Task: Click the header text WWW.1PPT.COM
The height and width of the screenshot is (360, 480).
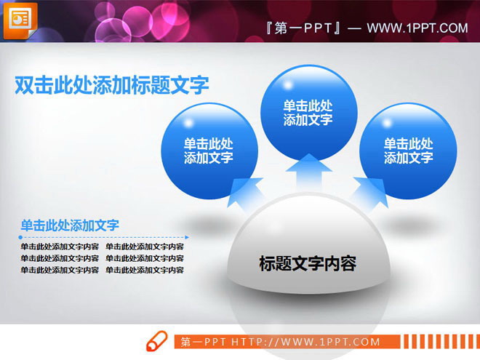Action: tap(417, 28)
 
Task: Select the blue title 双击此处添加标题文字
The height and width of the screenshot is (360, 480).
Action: tap(112, 86)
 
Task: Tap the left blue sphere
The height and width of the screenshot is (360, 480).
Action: tap(209, 151)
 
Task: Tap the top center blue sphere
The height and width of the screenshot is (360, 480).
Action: tap(308, 113)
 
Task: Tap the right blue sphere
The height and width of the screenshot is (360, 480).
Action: tap(408, 151)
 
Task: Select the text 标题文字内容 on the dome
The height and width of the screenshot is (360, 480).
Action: tap(308, 263)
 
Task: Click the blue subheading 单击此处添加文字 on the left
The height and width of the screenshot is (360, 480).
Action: tap(70, 225)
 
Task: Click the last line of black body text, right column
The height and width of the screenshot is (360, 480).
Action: tap(145, 270)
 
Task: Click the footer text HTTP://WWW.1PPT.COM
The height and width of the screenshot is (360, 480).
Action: tap(305, 342)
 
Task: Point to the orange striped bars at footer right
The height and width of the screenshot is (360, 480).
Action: tap(439, 342)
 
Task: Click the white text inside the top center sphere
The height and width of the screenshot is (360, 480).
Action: tap(308, 113)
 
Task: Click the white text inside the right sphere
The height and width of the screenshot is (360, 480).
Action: tap(408, 151)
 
